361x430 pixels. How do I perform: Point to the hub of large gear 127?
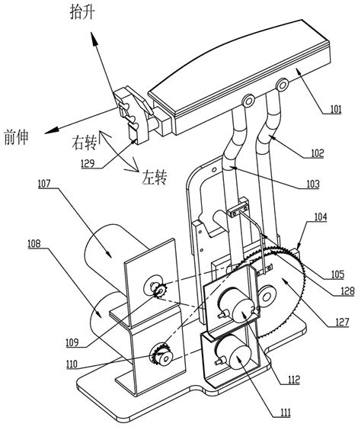pyautogui.click(x=267, y=294)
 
